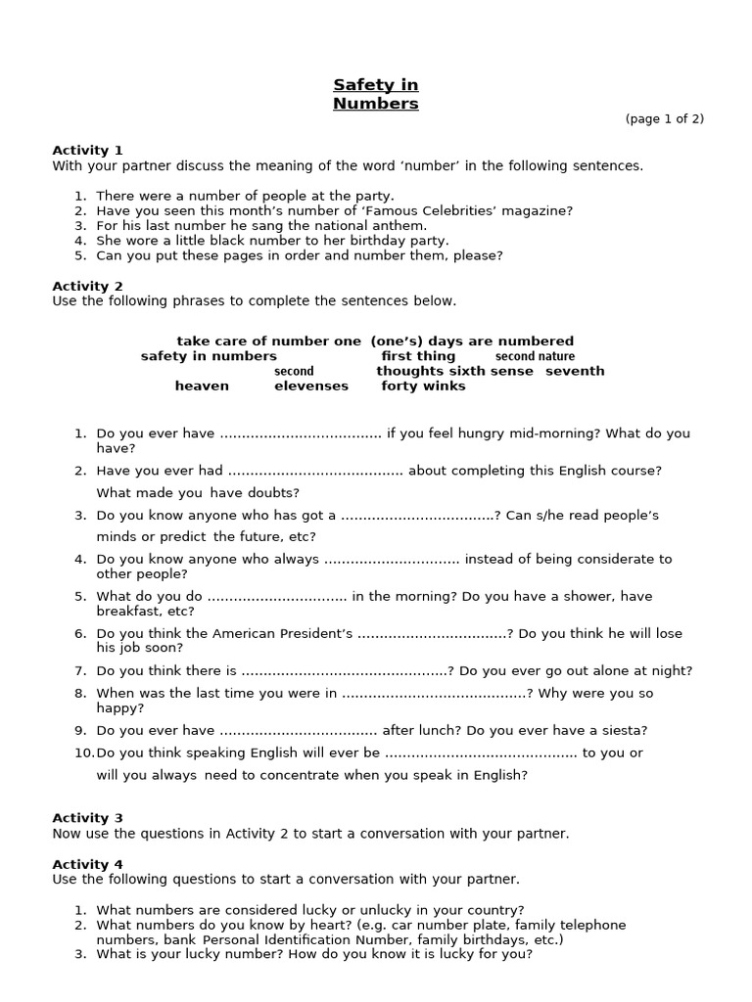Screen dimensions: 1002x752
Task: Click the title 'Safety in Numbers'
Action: [x=376, y=94]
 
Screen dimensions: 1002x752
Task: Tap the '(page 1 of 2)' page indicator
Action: [x=665, y=119]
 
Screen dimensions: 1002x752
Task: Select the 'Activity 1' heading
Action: [x=87, y=151]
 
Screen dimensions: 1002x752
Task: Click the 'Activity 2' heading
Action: [x=87, y=286]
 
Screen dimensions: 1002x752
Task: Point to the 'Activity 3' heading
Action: [x=87, y=818]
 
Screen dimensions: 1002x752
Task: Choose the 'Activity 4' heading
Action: [x=87, y=864]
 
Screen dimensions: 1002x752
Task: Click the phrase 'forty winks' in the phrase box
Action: [x=423, y=387]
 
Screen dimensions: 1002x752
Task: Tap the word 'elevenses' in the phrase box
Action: [x=310, y=387]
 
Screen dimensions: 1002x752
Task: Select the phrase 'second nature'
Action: [x=535, y=357]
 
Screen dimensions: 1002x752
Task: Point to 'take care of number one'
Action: [x=268, y=342]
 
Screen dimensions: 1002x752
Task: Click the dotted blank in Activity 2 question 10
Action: [x=481, y=753]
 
